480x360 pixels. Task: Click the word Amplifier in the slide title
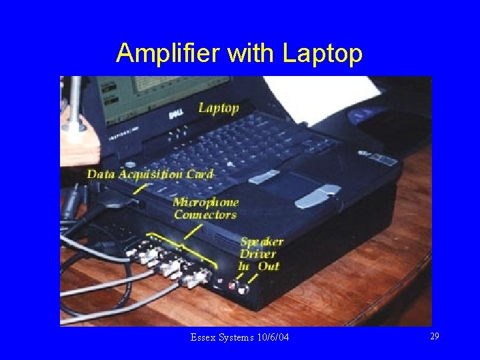(x=168, y=53)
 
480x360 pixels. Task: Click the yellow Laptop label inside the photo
(x=218, y=108)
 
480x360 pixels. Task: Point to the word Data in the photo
(x=101, y=175)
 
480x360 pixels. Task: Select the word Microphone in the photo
(x=205, y=202)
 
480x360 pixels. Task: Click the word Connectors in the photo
(x=205, y=215)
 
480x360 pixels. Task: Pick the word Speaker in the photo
(x=262, y=241)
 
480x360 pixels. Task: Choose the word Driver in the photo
(x=258, y=254)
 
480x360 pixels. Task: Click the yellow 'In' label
(x=244, y=266)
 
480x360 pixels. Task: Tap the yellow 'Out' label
(x=269, y=266)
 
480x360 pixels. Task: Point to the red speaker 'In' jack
(x=233, y=287)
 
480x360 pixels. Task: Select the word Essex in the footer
(x=203, y=338)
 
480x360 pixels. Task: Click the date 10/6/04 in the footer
(x=272, y=338)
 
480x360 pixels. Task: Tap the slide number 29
(x=434, y=337)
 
